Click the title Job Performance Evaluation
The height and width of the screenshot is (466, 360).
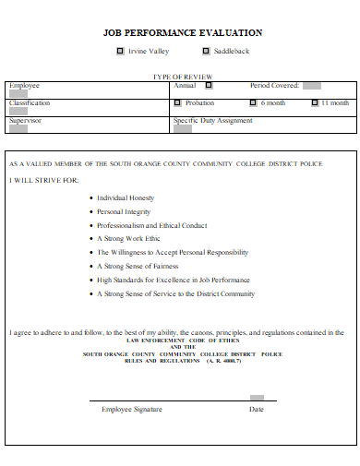click(x=182, y=32)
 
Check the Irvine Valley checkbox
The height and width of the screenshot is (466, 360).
click(x=120, y=52)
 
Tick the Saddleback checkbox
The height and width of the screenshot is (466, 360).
click(x=205, y=52)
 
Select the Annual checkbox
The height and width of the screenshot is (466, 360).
click(x=208, y=86)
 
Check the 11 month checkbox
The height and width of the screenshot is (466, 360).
click(x=313, y=103)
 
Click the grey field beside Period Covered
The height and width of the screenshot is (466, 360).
click(x=312, y=86)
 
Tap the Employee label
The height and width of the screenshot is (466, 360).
click(x=24, y=85)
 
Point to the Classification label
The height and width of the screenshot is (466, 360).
click(x=30, y=102)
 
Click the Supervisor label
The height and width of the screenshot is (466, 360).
click(x=25, y=120)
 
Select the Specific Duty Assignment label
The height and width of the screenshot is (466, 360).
click(x=212, y=120)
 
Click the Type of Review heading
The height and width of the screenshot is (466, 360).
click(x=182, y=76)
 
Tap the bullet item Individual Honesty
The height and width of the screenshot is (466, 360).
click(x=126, y=197)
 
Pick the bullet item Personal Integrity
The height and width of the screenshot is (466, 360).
click(x=124, y=211)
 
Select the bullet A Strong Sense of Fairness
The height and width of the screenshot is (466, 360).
click(x=138, y=266)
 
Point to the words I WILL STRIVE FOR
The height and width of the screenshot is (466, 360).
click(x=43, y=180)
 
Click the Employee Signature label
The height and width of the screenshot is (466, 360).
click(x=132, y=409)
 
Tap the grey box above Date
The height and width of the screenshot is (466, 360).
click(x=257, y=399)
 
